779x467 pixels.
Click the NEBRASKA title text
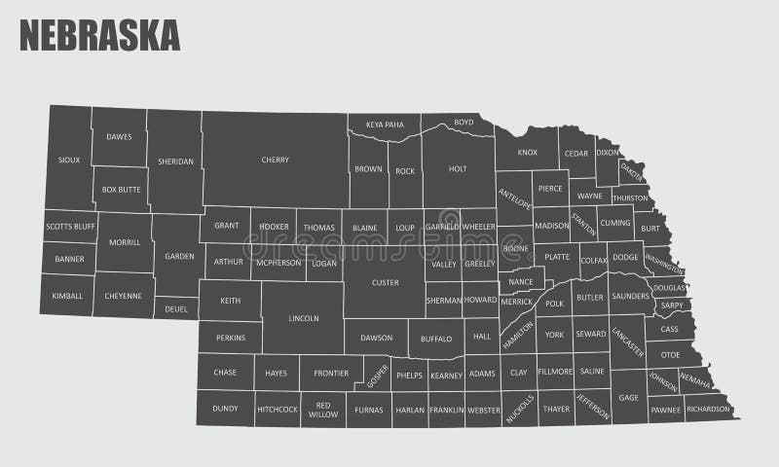[99, 34]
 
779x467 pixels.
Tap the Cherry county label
[275, 160]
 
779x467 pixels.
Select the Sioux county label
[68, 160]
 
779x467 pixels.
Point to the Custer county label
[385, 282]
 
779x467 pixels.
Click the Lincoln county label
[304, 318]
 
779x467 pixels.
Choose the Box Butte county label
[121, 190]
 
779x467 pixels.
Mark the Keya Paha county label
[385, 125]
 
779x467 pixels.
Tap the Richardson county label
[708, 410]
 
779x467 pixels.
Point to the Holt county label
[458, 168]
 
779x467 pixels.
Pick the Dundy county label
[225, 409]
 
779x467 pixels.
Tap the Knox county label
[527, 153]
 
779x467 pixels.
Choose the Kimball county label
[67, 295]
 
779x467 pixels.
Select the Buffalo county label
[436, 340]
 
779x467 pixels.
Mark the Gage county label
[629, 397]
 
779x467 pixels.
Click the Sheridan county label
[176, 162]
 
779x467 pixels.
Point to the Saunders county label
[629, 296]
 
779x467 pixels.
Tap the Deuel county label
[176, 310]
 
